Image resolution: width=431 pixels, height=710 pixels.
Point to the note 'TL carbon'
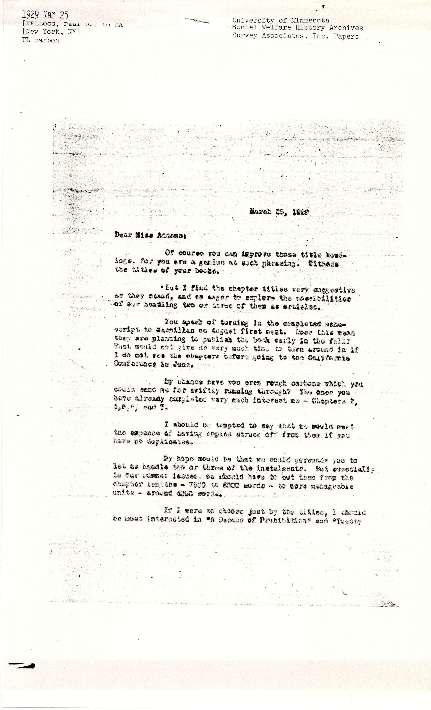click(40, 40)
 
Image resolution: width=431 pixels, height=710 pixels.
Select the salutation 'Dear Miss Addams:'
click(151, 235)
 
